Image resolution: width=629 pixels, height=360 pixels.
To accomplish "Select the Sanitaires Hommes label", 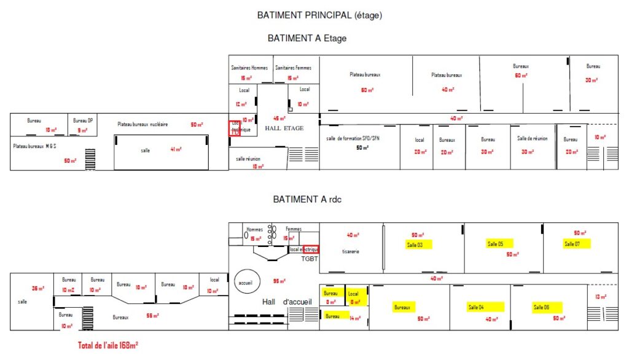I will (x=249, y=68).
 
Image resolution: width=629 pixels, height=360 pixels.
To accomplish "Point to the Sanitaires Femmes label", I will (x=293, y=68).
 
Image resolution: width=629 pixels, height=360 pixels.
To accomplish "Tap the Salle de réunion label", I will (x=533, y=139).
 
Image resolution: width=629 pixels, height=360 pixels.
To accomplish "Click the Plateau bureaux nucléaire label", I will (x=143, y=124).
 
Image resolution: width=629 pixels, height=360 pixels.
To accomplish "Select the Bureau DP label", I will (x=82, y=121).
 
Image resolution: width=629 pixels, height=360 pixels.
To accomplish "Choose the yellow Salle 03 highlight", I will (x=417, y=245).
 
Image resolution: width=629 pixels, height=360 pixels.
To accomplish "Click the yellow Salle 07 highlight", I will (x=576, y=244).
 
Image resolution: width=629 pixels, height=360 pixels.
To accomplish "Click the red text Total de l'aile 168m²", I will (x=107, y=345).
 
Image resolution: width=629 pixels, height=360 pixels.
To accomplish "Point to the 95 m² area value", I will (x=279, y=281).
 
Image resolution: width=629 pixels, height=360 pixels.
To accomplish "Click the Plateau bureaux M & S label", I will (x=34, y=146).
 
